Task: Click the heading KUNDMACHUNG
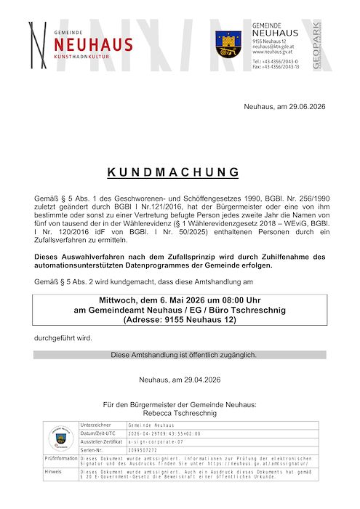click(174, 172)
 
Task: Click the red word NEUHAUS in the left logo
click(93, 44)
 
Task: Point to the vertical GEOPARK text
click(316, 46)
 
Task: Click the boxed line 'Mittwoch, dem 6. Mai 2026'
click(180, 300)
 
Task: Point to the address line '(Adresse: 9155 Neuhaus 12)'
click(180, 319)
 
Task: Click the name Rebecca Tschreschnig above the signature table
click(180, 413)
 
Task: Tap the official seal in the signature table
click(60, 438)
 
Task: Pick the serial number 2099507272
click(143, 450)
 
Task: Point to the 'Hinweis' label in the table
click(53, 471)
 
